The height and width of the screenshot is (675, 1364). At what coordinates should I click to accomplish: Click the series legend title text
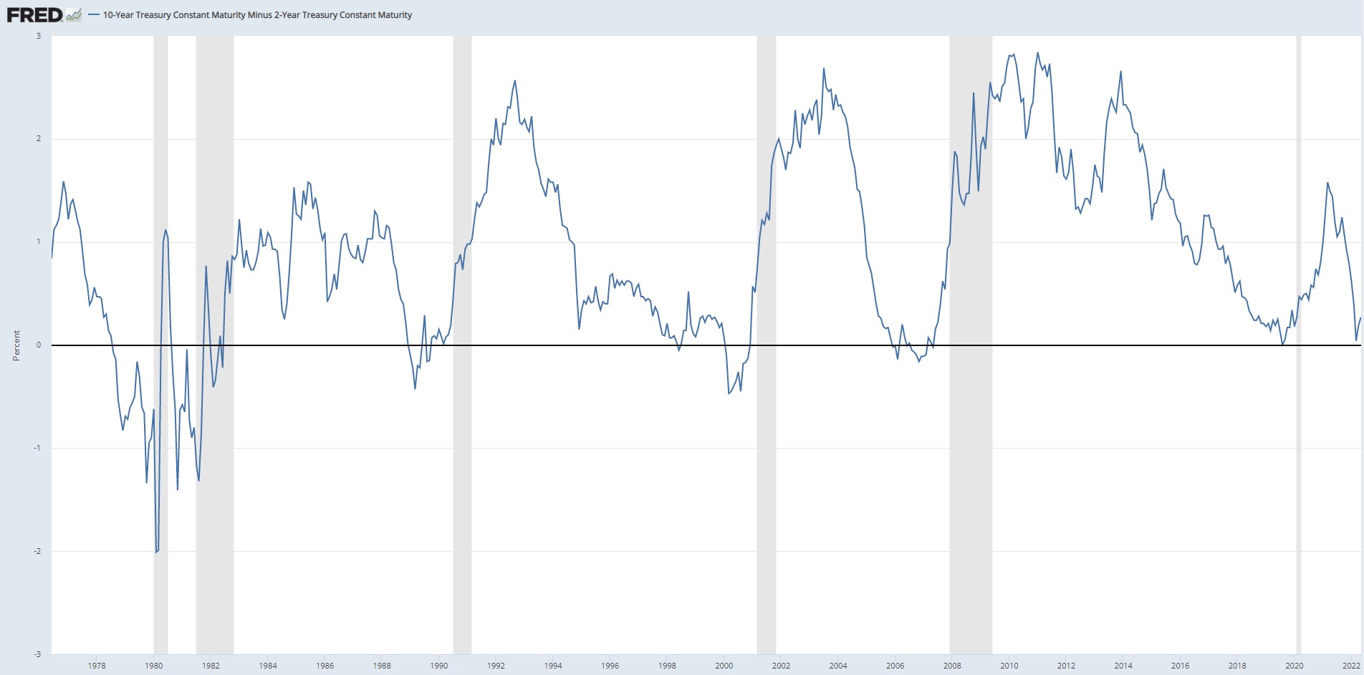(257, 15)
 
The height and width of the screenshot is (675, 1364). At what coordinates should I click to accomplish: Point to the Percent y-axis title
(16, 345)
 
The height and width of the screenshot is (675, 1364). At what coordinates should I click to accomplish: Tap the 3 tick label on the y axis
(38, 36)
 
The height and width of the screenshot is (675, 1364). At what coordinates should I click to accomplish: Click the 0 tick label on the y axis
(38, 345)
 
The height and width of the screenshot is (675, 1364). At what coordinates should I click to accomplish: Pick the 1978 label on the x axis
(97, 666)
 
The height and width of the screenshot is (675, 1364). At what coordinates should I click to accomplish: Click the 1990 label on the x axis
(439, 666)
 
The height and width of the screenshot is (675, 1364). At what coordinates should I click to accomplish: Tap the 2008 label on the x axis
(952, 666)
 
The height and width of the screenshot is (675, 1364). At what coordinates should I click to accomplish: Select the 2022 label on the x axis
(1351, 666)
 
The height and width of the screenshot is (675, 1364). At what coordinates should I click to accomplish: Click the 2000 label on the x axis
(724, 666)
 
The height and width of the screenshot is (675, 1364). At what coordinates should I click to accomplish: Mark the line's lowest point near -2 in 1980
(156, 552)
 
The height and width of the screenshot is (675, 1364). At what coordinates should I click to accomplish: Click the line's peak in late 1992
(515, 81)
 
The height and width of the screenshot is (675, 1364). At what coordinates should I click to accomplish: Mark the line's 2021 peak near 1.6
(1327, 183)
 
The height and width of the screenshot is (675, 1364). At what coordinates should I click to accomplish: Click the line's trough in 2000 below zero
(729, 393)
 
